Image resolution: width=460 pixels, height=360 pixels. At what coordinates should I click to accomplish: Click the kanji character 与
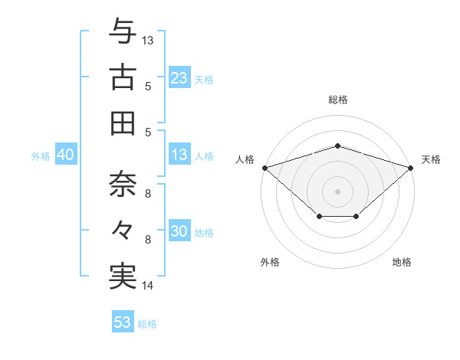click(123, 33)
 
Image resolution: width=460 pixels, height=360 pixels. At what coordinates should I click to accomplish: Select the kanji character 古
click(123, 77)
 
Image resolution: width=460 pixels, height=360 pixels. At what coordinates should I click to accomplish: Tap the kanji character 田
click(123, 122)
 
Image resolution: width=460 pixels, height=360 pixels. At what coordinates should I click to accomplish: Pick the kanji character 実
click(123, 275)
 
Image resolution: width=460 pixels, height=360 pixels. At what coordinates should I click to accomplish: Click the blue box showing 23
click(179, 78)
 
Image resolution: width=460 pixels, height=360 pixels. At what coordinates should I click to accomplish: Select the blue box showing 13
click(179, 155)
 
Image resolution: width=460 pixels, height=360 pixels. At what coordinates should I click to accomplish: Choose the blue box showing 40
click(66, 155)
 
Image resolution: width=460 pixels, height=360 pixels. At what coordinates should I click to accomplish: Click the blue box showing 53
click(123, 322)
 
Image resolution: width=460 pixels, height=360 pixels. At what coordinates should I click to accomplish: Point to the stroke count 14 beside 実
click(148, 286)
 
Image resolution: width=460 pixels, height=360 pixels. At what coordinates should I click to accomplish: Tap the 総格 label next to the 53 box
click(147, 324)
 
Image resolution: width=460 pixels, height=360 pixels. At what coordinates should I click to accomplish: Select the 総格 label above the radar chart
click(337, 100)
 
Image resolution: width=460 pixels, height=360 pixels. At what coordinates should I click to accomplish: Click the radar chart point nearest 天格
click(411, 167)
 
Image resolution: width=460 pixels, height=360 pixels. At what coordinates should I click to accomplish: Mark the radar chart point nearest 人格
click(264, 167)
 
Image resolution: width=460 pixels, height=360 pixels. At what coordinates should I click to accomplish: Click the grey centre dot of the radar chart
click(337, 191)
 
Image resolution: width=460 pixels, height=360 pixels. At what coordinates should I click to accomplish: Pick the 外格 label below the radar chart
click(270, 263)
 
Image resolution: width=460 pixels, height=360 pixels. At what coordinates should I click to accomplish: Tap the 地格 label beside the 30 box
click(205, 233)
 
